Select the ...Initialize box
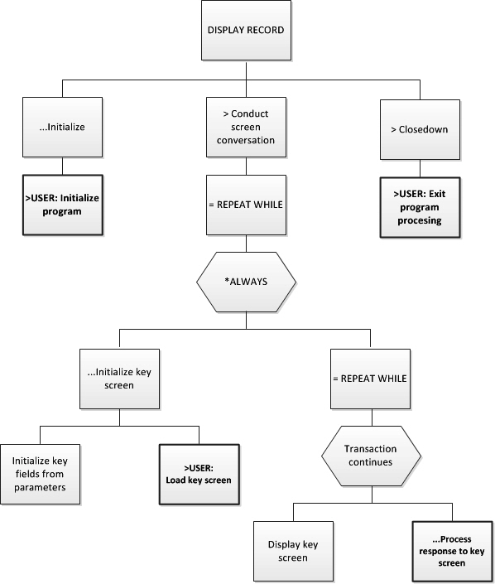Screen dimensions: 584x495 [62, 128]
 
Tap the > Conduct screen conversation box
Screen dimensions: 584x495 [245, 128]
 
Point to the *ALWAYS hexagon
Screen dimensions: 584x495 [246, 282]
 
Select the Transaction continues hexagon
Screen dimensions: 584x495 [370, 456]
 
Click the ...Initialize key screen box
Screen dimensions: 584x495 [119, 379]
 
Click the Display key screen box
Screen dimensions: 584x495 [293, 551]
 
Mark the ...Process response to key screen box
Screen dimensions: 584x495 [450, 551]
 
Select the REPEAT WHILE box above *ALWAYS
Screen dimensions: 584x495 [246, 205]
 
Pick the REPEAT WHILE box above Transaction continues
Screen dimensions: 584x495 [370, 379]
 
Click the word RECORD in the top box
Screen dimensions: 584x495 [264, 31]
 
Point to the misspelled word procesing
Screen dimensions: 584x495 [418, 220]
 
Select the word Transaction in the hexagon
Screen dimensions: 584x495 [370, 449]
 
